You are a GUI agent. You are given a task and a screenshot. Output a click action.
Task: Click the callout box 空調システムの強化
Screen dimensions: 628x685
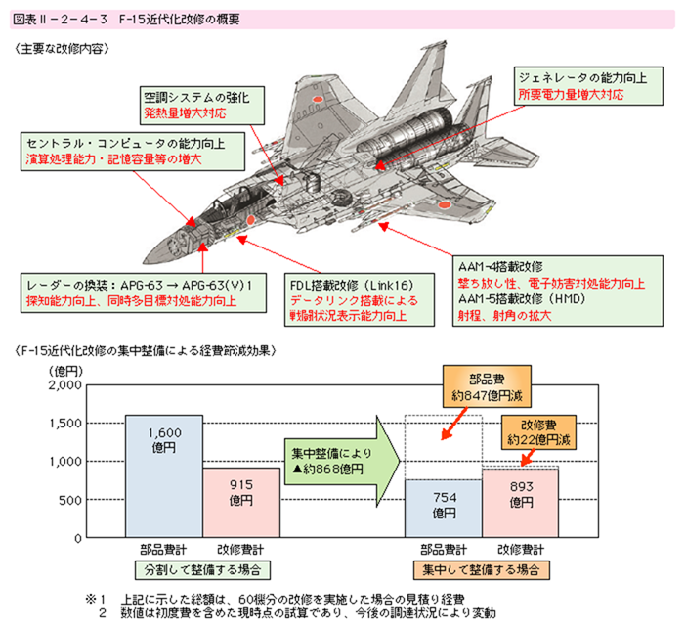198,106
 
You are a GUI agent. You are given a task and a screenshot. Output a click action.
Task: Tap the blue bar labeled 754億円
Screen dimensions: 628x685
444,509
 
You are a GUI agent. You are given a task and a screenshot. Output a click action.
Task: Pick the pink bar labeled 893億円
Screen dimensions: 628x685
520,504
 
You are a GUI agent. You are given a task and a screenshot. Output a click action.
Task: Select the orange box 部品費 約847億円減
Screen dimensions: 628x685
486,387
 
